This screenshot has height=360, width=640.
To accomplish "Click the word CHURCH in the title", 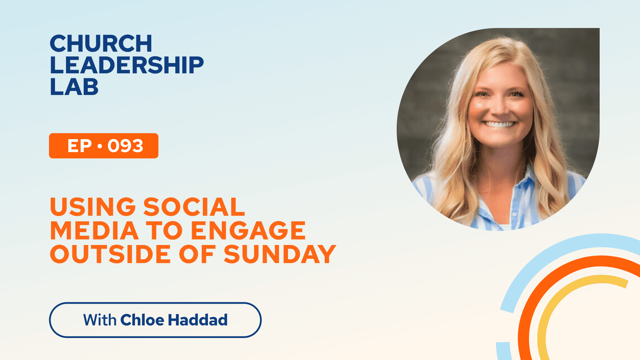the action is (x=101, y=43).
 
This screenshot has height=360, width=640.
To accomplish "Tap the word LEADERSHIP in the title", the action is (x=127, y=65).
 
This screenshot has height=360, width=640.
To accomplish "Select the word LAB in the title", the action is (x=74, y=87).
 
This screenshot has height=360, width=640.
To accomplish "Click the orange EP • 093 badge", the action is (x=104, y=146).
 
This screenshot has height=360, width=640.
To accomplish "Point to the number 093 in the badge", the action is (x=125, y=146).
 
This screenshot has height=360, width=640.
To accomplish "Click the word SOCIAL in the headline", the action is (x=194, y=207).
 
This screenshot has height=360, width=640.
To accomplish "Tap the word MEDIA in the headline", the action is (x=94, y=230).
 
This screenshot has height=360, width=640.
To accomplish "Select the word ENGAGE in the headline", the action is (x=248, y=230).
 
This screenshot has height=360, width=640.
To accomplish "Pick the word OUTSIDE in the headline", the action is (x=110, y=254).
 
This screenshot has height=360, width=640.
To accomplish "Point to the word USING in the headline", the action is (x=93, y=207).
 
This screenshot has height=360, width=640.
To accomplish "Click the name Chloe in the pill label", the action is (x=142, y=320).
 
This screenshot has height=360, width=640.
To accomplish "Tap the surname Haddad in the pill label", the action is (x=198, y=320).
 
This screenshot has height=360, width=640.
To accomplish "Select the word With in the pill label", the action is (x=100, y=320).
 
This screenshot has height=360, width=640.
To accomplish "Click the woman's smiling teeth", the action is (x=499, y=125).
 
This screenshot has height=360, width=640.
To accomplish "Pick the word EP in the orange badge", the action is (x=80, y=146).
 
